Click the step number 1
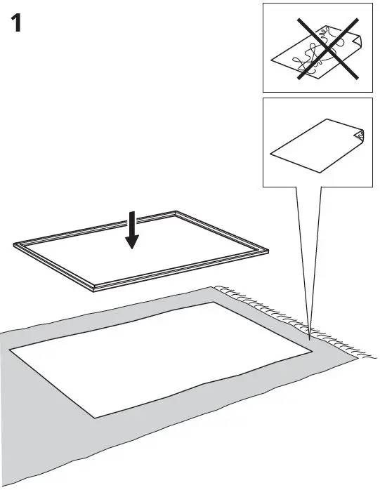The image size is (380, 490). [x=20, y=24]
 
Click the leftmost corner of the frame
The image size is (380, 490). [x=15, y=245]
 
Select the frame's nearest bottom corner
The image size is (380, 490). [x=94, y=288]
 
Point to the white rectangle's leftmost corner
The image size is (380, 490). [x=9, y=348]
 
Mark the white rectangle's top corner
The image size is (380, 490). [x=214, y=303]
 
